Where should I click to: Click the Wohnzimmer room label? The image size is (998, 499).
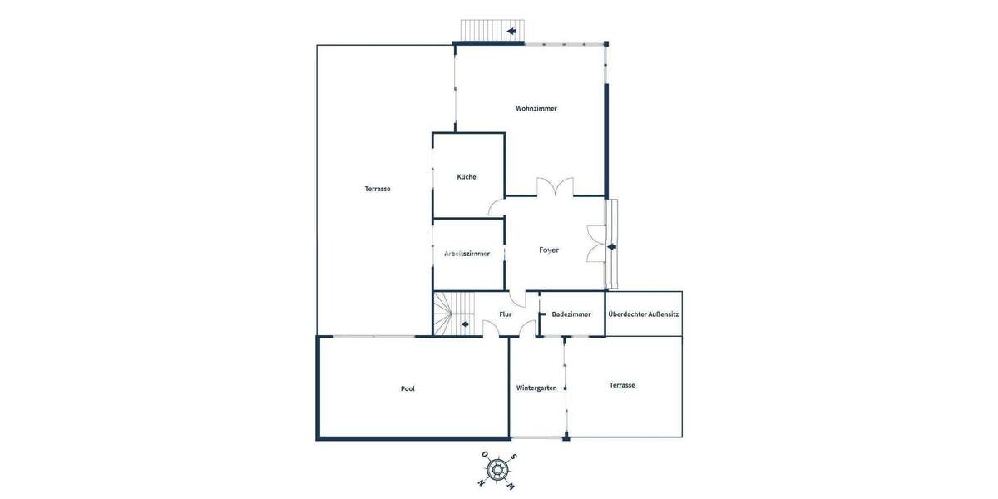pyautogui.click(x=536, y=108)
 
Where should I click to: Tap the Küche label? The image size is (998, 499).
pyautogui.click(x=467, y=176)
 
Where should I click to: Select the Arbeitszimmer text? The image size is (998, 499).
pyautogui.click(x=467, y=253)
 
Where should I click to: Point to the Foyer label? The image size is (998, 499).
pyautogui.click(x=549, y=249)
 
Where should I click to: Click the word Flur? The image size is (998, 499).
pyautogui.click(x=506, y=314)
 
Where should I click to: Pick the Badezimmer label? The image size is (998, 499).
pyautogui.click(x=571, y=314)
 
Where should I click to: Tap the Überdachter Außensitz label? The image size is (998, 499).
pyautogui.click(x=644, y=314)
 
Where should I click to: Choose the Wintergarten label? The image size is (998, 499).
pyautogui.click(x=536, y=388)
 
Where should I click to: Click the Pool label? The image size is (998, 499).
pyautogui.click(x=408, y=388)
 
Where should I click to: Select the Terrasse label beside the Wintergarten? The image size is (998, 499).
pyautogui.click(x=622, y=385)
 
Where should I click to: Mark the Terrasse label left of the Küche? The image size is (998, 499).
pyautogui.click(x=378, y=189)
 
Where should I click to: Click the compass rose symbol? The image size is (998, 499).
pyautogui.click(x=498, y=470)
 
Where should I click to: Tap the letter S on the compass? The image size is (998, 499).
pyautogui.click(x=514, y=457)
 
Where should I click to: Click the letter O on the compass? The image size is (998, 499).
pyautogui.click(x=484, y=455)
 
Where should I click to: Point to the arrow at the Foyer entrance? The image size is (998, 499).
pyautogui.click(x=611, y=246)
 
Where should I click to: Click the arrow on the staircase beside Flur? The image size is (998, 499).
pyautogui.click(x=464, y=323)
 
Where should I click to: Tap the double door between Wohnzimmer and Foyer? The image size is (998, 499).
pyautogui.click(x=555, y=189)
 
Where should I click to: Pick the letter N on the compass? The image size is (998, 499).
pyautogui.click(x=482, y=482)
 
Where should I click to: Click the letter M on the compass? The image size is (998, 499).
pyautogui.click(x=511, y=486)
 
